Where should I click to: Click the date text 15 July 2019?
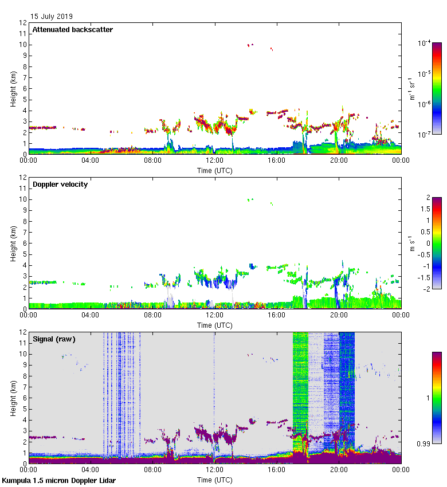[52, 17]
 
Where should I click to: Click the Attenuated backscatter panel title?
[73, 30]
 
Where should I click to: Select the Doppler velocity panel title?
[60, 184]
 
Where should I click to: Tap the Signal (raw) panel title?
[54, 339]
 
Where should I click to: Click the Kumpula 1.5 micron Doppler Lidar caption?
[58, 481]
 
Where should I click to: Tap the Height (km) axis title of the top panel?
[13, 89]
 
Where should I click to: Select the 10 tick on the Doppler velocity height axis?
[23, 199]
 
